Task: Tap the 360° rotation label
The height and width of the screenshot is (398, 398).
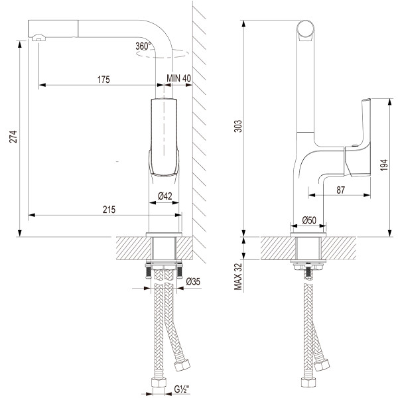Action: [x=143, y=46]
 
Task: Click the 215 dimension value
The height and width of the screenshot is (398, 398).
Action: [x=109, y=210]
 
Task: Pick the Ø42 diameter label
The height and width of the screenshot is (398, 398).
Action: [x=165, y=196]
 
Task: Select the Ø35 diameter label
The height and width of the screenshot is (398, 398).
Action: [x=193, y=283]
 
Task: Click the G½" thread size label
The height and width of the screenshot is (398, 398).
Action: [x=182, y=390]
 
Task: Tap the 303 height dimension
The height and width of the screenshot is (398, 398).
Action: [x=238, y=125]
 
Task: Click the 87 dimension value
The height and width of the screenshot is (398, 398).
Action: [x=340, y=190]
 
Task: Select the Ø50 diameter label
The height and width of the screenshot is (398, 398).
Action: [x=308, y=220]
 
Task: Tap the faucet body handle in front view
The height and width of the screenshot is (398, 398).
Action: [x=164, y=136]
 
